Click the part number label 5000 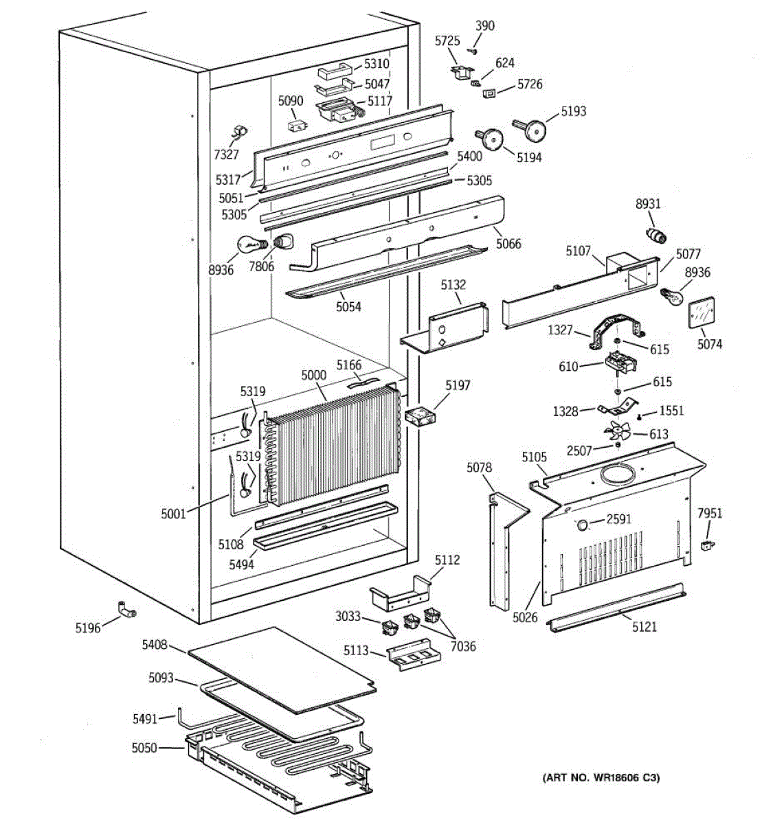click(314, 375)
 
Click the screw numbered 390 click(473, 49)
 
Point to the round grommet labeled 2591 click(581, 526)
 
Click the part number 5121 click(643, 626)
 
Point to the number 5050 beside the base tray click(144, 747)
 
